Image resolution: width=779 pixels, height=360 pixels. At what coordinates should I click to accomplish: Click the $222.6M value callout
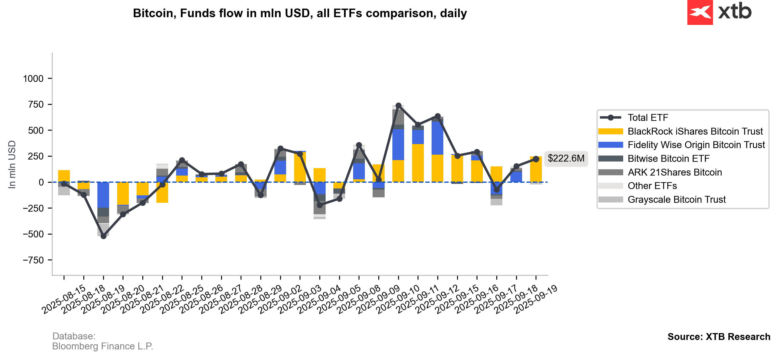pos(566,158)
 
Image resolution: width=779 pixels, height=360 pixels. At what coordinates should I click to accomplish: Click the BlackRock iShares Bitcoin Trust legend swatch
pos(611,131)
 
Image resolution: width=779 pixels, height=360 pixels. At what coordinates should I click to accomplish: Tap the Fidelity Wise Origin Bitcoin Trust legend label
pos(696,145)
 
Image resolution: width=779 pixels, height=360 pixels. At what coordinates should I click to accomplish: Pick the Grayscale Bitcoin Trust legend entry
pos(662,199)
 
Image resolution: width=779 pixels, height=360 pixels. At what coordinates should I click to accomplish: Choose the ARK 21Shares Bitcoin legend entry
pos(660,172)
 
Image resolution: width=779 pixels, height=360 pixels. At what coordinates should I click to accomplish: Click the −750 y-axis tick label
pos(33,260)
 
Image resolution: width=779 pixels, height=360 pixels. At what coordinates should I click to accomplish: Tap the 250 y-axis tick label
pos(36,156)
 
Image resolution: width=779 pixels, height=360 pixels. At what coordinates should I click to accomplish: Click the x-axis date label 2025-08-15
pos(64,300)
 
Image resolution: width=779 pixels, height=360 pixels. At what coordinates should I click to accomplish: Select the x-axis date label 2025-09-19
pos(536,300)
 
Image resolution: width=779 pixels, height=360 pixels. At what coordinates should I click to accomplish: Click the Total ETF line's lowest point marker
pos(103,236)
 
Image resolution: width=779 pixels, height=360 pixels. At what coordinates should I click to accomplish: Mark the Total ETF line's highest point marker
pos(398,106)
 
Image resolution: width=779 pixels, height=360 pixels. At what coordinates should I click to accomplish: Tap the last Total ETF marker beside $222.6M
pos(536,159)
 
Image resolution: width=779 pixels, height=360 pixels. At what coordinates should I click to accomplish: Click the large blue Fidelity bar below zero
pos(103,195)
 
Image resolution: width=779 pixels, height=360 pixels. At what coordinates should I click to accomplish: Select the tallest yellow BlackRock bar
pos(418,163)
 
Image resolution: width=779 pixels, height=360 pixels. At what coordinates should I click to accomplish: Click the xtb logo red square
pos(700,12)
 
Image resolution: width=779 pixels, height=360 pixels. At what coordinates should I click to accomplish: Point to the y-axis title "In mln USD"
pos(12,165)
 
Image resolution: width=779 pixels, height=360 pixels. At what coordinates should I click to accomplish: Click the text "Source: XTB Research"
pos(719,337)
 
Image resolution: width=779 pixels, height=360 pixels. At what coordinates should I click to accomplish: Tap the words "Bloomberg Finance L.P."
pos(103,346)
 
